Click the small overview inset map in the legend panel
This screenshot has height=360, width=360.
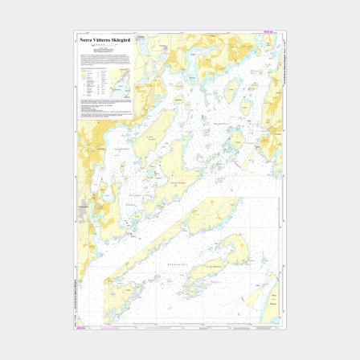click(120, 80)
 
